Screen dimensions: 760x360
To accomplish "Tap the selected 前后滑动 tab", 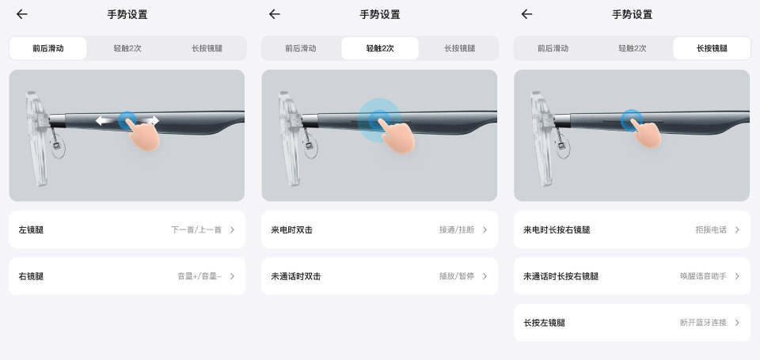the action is coord(48,48).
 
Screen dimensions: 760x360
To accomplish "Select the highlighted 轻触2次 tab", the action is coord(380,48).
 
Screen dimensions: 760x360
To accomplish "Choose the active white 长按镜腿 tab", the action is coord(712,48).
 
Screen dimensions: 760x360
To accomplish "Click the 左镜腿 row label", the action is coord(31,229).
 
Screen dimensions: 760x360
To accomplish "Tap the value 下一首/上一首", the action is coord(196,229).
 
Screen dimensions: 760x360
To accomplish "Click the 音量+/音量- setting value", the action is coord(199,276).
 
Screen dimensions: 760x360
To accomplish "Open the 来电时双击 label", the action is coord(292,229).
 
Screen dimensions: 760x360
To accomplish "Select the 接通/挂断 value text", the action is coord(457,229).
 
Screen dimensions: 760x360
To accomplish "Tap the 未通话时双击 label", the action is coord(295,276).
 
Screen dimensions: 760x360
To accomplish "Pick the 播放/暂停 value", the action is coord(457,276).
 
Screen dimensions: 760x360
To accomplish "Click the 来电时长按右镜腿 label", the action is coord(557,229).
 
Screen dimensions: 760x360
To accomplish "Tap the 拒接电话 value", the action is coord(711,229).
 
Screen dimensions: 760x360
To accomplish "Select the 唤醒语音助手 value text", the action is coord(703,276).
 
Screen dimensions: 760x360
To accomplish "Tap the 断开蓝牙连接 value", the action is coord(703,323).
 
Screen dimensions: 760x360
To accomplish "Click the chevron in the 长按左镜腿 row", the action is coord(737,323).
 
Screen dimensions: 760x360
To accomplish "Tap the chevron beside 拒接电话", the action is coord(737,229).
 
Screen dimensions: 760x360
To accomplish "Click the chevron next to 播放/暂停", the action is coord(484,276).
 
